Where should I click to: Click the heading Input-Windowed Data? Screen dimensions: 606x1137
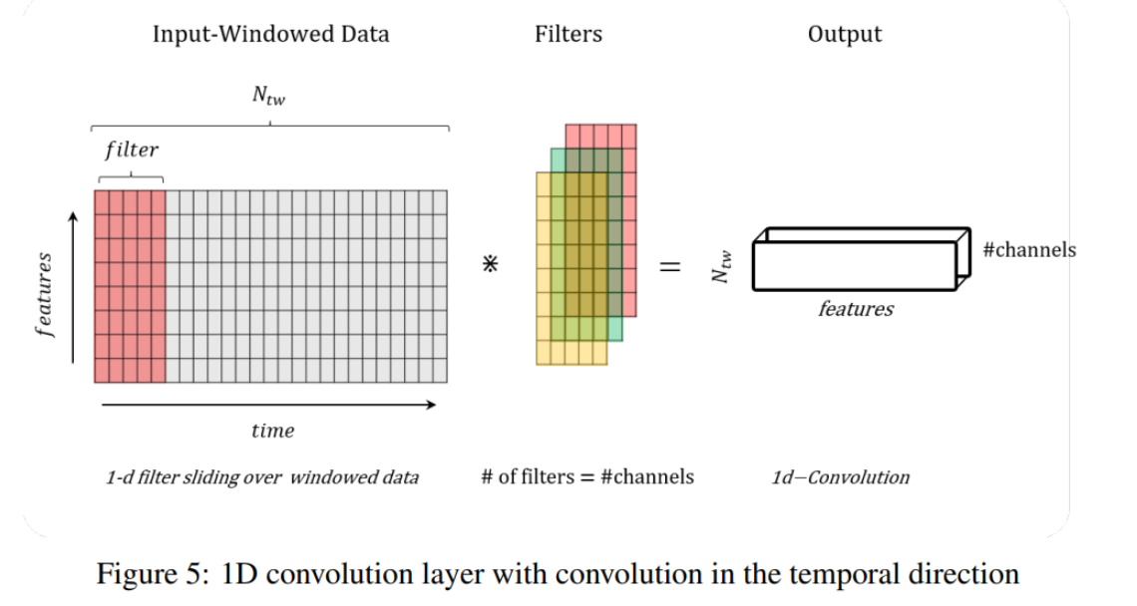270,34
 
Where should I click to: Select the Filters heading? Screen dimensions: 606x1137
568,34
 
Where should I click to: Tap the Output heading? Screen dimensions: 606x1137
845,34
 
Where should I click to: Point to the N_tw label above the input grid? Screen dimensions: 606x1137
270,96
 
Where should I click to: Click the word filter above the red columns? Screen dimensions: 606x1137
132,151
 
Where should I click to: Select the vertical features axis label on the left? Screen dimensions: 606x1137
44,295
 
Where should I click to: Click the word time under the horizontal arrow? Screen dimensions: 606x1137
272,431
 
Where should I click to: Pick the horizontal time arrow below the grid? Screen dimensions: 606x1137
269,405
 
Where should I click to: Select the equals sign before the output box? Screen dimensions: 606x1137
670,266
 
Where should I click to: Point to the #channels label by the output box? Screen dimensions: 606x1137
1029,249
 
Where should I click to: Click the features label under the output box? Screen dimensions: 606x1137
856,309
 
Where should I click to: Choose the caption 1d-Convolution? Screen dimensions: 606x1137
841,477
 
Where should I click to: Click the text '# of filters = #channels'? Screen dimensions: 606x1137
587,476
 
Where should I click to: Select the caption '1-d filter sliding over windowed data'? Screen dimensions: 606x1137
262,477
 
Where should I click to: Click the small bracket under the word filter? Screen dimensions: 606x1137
132,177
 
